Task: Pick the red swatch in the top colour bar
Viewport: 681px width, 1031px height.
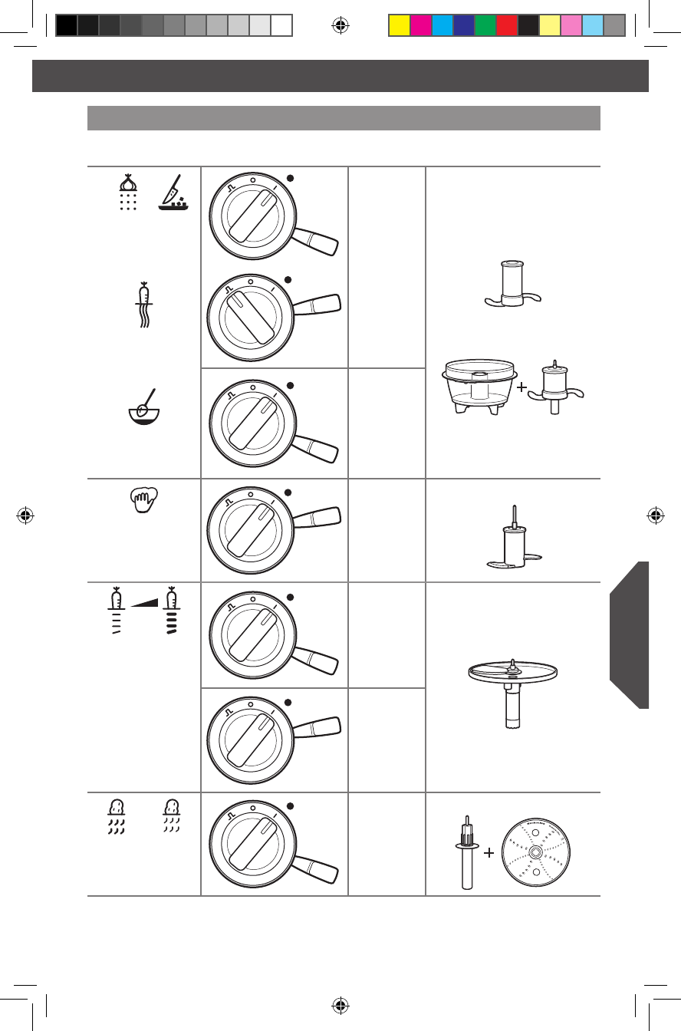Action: click(507, 25)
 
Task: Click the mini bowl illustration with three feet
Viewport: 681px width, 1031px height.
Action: click(478, 387)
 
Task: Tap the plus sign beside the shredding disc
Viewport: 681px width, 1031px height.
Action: click(488, 851)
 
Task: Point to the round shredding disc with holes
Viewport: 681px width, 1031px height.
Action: click(535, 852)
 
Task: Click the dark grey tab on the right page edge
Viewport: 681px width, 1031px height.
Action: click(630, 635)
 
